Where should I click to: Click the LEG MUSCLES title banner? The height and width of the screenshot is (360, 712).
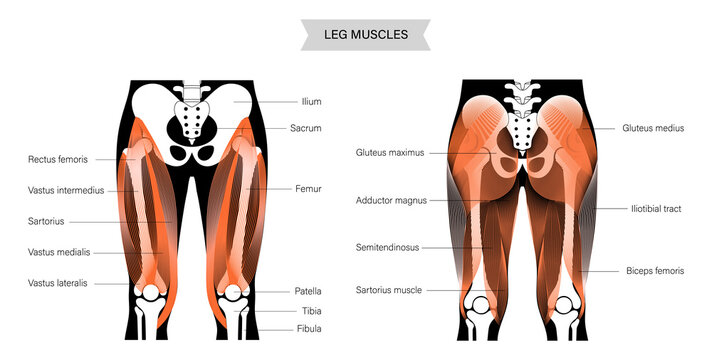tap(367, 35)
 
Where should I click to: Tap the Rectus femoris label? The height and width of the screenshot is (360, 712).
tap(58, 159)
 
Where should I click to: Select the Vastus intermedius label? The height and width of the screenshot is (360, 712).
tap(66, 190)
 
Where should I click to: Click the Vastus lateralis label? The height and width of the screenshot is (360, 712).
tap(58, 283)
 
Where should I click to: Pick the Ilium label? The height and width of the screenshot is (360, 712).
tap(311, 101)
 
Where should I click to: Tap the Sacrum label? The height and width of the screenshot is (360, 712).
tap(306, 129)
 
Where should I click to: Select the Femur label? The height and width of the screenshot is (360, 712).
tap(308, 188)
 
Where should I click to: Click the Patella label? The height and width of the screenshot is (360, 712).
tap(308, 291)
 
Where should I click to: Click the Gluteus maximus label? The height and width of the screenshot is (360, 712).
tap(390, 153)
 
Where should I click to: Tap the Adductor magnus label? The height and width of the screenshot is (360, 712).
tap(391, 200)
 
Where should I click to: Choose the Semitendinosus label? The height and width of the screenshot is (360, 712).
tap(387, 247)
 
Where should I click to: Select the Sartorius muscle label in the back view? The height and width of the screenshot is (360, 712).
tap(389, 290)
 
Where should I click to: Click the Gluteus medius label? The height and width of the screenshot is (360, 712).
tap(653, 128)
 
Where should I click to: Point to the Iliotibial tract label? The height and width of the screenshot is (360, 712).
tap(656, 208)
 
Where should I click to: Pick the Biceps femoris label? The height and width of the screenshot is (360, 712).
tap(654, 271)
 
